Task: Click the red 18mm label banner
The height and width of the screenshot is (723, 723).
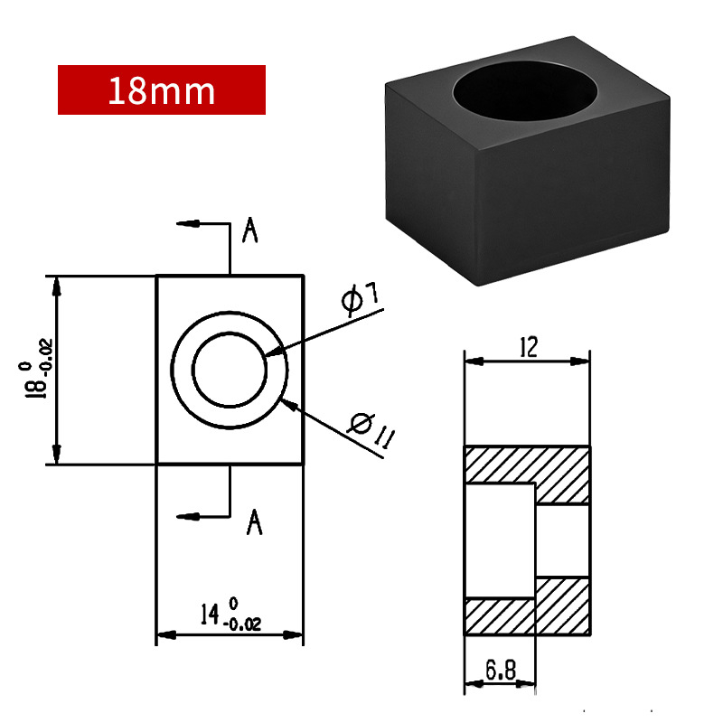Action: tap(162, 89)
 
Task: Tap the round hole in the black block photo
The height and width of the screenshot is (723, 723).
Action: tap(525, 91)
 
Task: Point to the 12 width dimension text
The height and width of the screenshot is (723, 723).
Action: tap(529, 347)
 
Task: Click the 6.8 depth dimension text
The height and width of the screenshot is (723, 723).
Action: tap(501, 670)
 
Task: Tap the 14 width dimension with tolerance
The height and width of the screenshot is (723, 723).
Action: tap(231, 615)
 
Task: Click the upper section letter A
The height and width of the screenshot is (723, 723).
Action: tap(250, 230)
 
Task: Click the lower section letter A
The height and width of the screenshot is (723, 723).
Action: tap(254, 522)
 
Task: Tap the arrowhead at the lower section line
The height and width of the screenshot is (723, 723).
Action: tap(188, 516)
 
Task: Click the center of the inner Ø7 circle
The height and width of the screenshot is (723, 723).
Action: tap(230, 370)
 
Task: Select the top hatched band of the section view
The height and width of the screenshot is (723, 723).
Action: tap(527, 464)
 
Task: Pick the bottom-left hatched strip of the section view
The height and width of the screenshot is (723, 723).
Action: tap(500, 616)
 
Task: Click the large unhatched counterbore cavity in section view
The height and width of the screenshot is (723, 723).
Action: tap(500, 540)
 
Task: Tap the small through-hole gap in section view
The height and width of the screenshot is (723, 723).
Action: tap(563, 540)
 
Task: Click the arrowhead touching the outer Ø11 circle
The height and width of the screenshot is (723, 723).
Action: tap(289, 405)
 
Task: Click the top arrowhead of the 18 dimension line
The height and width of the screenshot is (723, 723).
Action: tap(56, 286)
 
